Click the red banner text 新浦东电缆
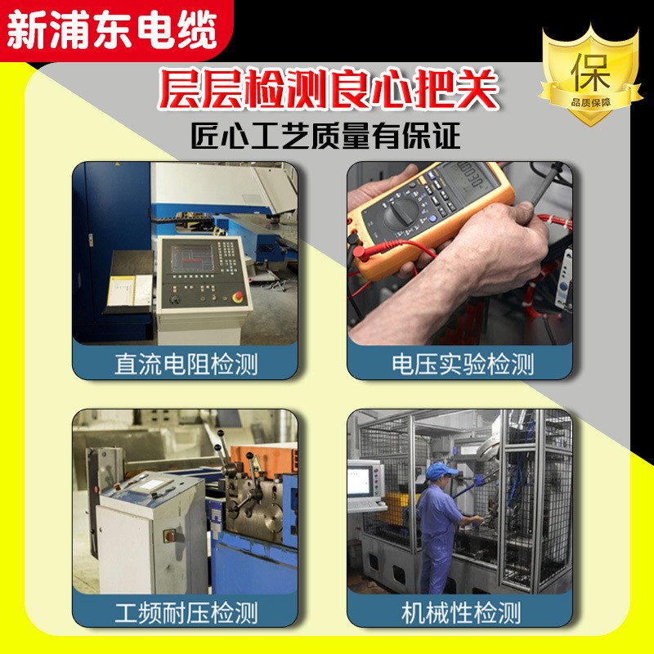click(x=112, y=31)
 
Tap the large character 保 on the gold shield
click(x=590, y=72)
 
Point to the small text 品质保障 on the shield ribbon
click(x=590, y=102)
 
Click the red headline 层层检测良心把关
click(x=329, y=89)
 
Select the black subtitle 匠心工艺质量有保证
click(x=325, y=136)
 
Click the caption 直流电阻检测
click(x=186, y=364)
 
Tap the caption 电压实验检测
click(x=463, y=364)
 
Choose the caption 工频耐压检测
click(x=186, y=612)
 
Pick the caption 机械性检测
click(x=461, y=612)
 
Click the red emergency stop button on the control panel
click(x=238, y=297)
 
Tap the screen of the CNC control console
click(x=192, y=258)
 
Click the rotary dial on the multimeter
click(x=401, y=213)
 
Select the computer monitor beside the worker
click(x=361, y=482)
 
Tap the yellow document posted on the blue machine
click(x=121, y=290)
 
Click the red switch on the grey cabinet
click(x=170, y=535)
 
